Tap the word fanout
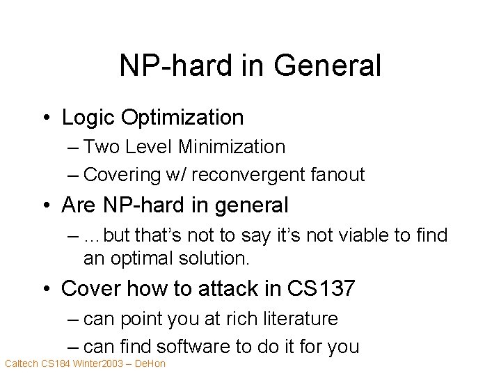(x=340, y=175)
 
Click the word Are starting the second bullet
(x=79, y=205)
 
